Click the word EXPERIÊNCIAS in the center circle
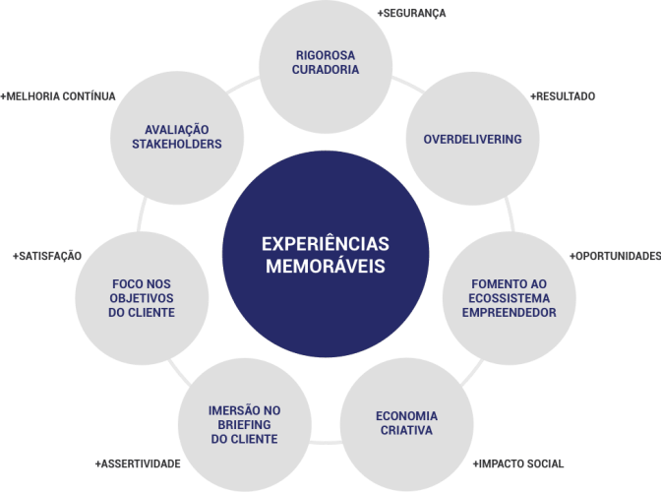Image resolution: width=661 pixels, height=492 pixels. (x=325, y=243)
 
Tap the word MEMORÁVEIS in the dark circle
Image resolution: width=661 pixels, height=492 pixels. (x=325, y=266)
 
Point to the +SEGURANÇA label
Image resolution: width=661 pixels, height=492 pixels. (x=411, y=13)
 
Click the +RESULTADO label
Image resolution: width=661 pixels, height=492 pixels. (x=563, y=96)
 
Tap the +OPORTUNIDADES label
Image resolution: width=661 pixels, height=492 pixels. (x=615, y=257)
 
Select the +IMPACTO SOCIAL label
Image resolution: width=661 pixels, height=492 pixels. (x=519, y=462)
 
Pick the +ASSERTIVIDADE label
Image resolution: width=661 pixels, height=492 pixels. (x=139, y=462)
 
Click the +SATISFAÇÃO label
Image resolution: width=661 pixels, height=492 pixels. (x=46, y=257)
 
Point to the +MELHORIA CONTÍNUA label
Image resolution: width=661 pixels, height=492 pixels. (x=59, y=96)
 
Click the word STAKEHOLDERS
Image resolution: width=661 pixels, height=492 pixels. (x=176, y=144)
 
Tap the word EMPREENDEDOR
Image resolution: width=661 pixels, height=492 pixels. (x=510, y=313)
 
